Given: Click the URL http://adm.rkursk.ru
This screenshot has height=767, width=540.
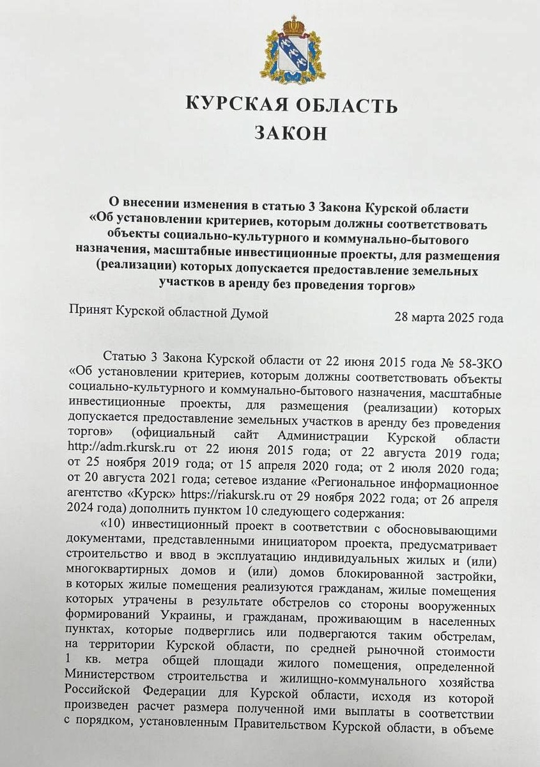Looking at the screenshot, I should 116,450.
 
